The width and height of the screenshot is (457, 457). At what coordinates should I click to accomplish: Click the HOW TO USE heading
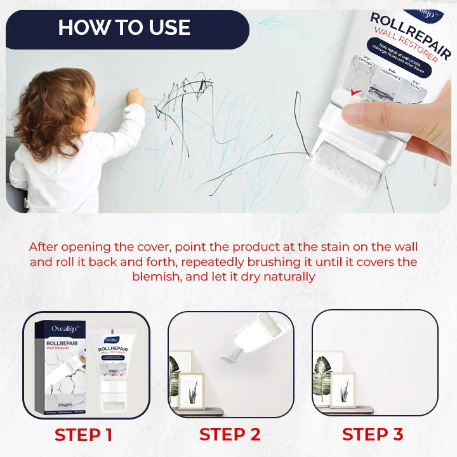(124, 27)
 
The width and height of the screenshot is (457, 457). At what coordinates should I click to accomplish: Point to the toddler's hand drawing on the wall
(135, 97)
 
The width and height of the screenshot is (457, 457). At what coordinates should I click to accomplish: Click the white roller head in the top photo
(346, 168)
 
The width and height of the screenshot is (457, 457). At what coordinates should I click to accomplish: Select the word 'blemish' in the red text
(154, 277)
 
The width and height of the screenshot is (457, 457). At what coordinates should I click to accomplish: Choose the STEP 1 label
(83, 435)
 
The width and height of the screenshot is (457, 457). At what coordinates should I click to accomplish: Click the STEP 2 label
(229, 435)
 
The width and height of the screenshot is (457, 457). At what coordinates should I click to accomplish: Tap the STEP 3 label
(372, 435)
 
